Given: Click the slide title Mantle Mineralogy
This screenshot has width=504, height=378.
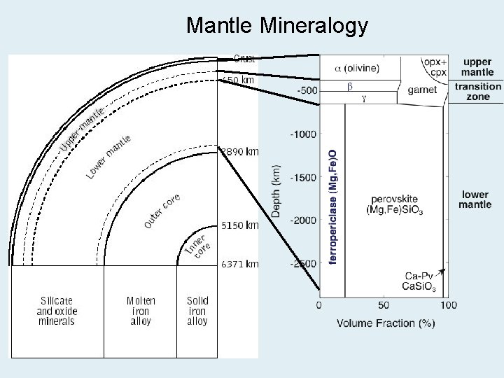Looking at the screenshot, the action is click(276, 26).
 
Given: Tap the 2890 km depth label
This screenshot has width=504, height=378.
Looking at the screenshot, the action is click(239, 151).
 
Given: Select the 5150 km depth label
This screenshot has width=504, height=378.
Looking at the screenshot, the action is click(239, 225).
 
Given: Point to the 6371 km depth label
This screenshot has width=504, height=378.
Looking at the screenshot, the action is click(239, 264).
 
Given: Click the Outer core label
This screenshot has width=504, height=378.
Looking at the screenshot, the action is click(162, 210).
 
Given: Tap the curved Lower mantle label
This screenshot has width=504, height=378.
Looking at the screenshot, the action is click(109, 155).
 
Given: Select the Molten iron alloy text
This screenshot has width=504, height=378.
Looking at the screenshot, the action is click(141, 311).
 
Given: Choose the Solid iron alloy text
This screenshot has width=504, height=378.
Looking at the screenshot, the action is click(197, 311).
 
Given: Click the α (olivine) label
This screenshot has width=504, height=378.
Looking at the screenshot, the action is click(357, 68).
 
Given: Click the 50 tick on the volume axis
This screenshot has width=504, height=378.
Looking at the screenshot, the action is click(384, 306).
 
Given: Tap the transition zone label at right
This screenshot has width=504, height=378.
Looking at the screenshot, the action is click(478, 92).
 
